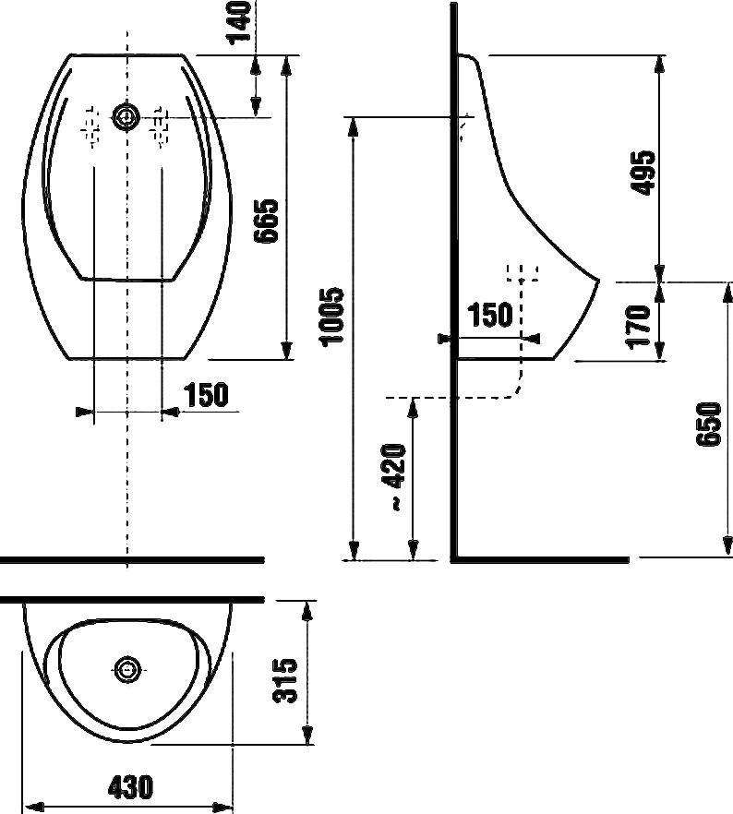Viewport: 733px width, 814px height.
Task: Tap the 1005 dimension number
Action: point(331,317)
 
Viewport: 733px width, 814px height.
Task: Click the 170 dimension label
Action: point(639,327)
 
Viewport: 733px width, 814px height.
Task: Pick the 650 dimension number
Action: point(709,424)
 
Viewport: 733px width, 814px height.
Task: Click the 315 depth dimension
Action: point(285,680)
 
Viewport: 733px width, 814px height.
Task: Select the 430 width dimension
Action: point(130,787)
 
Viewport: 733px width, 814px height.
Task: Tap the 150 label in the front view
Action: point(206,395)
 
